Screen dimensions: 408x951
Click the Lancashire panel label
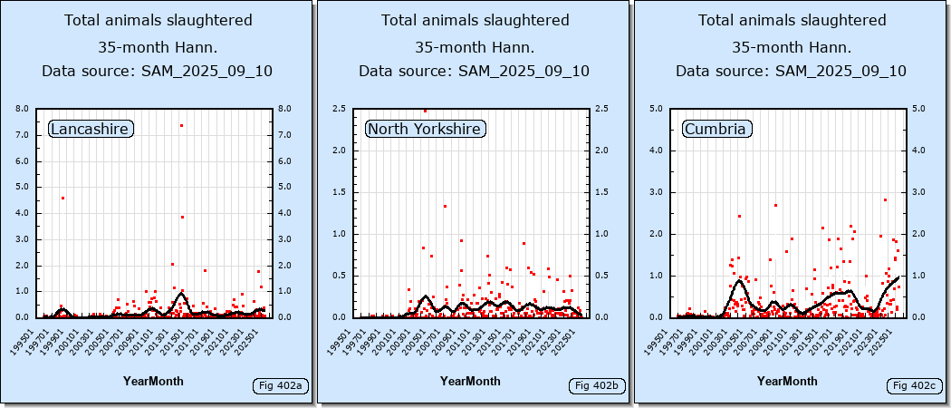[x=90, y=130]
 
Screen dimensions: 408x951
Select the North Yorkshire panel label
[x=424, y=130]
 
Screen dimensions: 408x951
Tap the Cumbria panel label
[x=716, y=130]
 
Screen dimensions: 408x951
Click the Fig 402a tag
[x=280, y=386]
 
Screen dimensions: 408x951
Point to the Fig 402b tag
[x=597, y=386]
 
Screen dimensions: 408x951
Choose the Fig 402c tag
[x=913, y=386]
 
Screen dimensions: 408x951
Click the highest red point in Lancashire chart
[x=181, y=125]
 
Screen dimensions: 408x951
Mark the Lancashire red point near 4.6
[x=62, y=198]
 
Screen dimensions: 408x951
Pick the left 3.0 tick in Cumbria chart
[x=657, y=192]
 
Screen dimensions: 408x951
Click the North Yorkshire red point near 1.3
[x=445, y=207]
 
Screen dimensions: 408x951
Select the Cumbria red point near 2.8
[x=885, y=200]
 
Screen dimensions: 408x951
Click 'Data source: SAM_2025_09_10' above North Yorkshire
[x=474, y=71]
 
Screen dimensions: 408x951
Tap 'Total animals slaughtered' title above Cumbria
[x=792, y=20]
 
